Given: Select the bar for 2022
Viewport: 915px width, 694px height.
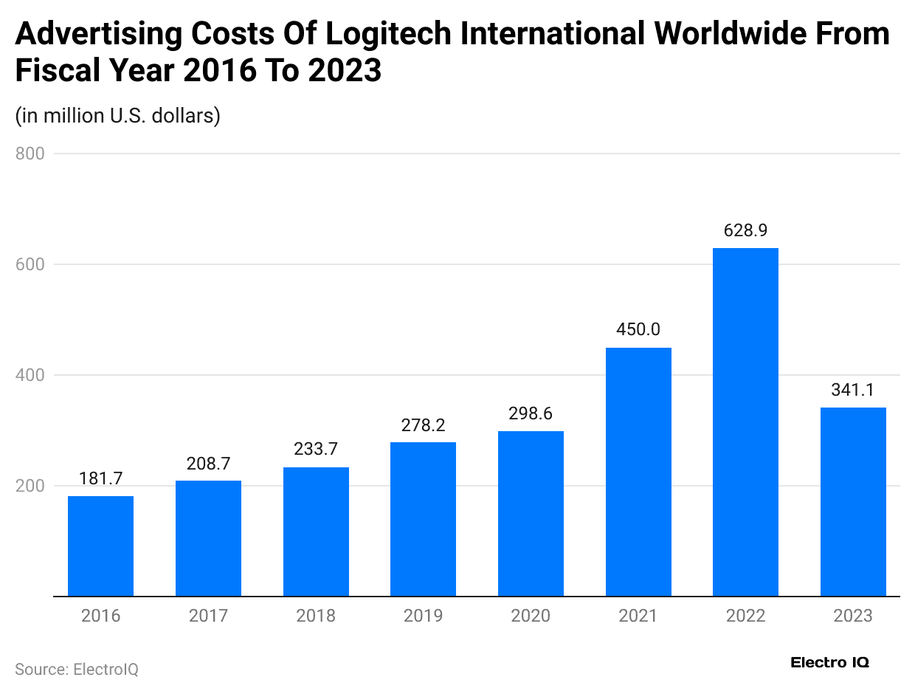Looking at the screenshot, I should tap(745, 422).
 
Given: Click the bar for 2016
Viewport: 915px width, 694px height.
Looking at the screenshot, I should tap(100, 546).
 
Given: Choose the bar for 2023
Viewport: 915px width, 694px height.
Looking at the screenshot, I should tap(853, 501).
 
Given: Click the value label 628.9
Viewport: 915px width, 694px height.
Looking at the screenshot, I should tap(745, 230).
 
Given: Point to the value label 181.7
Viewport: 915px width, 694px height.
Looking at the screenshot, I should tap(100, 478).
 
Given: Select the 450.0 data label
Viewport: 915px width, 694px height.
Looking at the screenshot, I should tap(638, 329).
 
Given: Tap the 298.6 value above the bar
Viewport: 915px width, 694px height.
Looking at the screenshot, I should tap(531, 413).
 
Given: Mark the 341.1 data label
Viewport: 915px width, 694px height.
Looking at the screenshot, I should tap(853, 390).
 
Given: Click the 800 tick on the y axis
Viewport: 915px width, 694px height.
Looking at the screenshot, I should tap(30, 154).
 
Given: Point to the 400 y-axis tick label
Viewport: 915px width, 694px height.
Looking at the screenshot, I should tap(30, 375).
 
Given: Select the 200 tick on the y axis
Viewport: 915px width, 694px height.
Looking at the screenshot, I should tap(30, 486).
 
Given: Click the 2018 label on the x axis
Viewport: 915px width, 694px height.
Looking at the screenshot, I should tap(316, 616).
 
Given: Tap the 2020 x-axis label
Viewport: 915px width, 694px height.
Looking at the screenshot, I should tap(531, 616).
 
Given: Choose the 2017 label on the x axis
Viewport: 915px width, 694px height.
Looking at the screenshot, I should tap(208, 616).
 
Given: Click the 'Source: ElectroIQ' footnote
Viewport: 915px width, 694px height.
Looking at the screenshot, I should tap(77, 669).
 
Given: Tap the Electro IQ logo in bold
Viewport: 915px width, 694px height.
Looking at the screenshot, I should tap(829, 662).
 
